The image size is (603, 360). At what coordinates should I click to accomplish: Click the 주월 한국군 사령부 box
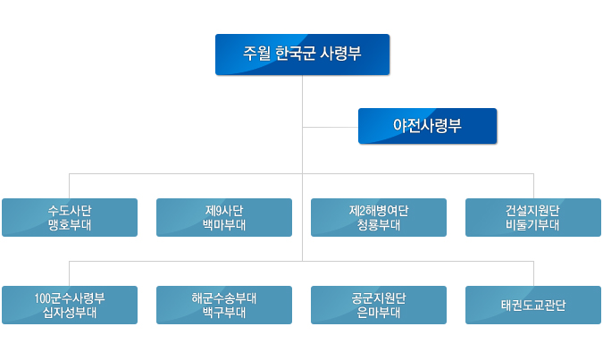(302, 54)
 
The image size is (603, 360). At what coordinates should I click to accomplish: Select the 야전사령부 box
(427, 126)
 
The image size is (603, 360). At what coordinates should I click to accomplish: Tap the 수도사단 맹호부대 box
(70, 217)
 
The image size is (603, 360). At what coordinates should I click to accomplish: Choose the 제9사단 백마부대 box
(224, 217)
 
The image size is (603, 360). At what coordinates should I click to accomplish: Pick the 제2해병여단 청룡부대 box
(379, 217)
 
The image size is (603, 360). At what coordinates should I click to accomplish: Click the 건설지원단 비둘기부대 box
(533, 217)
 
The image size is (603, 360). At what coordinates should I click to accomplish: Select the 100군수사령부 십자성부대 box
(70, 305)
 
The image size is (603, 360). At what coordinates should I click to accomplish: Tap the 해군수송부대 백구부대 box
(224, 305)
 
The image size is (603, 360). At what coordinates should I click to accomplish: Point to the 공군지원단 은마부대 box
(379, 305)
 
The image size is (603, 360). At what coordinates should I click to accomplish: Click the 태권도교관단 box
(533, 305)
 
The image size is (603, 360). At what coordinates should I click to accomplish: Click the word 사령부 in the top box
(340, 53)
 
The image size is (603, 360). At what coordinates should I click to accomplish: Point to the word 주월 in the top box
(256, 53)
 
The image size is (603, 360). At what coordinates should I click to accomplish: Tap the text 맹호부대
(70, 224)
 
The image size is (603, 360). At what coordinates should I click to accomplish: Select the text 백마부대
(224, 224)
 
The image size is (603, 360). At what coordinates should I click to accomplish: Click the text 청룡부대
(379, 224)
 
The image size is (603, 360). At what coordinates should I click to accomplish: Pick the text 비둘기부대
(532, 224)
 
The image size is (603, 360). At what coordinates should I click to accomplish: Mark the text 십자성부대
(70, 313)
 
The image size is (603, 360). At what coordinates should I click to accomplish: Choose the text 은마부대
(379, 313)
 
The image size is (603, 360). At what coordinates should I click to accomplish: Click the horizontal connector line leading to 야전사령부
(331, 127)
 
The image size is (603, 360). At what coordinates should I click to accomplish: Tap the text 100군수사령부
(70, 298)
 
